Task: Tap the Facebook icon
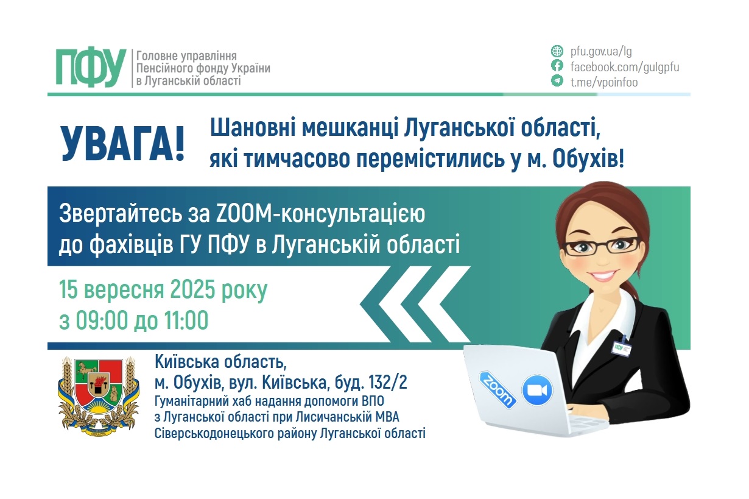(557, 66)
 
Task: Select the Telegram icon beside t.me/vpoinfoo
(557, 82)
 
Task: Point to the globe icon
(557, 51)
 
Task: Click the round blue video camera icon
(536, 390)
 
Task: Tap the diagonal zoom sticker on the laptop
(498, 389)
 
